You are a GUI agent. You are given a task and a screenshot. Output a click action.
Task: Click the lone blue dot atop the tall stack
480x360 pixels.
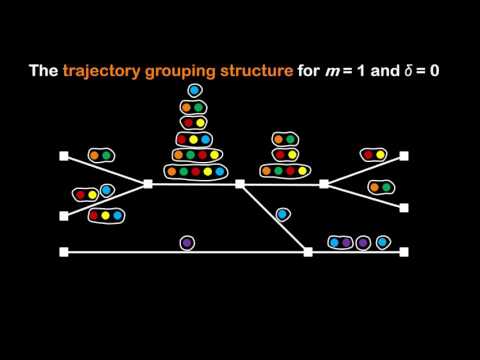pyautogui.click(x=194, y=91)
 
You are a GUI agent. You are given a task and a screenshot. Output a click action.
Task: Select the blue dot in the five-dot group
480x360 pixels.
pyautogui.click(x=220, y=171)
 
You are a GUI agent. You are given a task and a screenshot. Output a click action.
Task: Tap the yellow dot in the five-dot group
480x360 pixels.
pyautogui.click(x=208, y=171)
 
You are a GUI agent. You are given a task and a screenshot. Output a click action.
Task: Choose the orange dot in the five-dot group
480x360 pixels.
pyautogui.click(x=171, y=171)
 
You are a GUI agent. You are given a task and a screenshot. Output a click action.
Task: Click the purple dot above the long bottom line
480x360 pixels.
pyautogui.click(x=187, y=242)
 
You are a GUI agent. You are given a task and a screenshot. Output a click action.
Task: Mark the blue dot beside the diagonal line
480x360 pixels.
pyautogui.click(x=282, y=213)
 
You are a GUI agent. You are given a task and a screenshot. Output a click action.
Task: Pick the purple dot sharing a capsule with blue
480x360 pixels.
pyautogui.click(x=347, y=242)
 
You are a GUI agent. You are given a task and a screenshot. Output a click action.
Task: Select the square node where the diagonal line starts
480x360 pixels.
pyautogui.click(x=240, y=184)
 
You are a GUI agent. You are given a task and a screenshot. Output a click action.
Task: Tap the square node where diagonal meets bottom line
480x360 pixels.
pyautogui.click(x=308, y=253)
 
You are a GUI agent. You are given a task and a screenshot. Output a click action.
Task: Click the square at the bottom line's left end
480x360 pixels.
pyautogui.click(x=64, y=253)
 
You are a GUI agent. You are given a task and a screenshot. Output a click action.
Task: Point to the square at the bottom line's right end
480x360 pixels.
pyautogui.click(x=404, y=253)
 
